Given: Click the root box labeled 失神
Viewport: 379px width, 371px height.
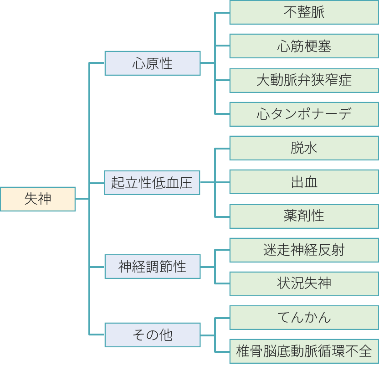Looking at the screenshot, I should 37,199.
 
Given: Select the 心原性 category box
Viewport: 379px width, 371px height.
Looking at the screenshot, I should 152,63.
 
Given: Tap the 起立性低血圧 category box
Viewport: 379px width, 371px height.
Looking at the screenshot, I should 152,182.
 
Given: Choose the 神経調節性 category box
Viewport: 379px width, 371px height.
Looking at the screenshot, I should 152,267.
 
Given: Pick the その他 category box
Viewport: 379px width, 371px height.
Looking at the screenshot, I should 152,335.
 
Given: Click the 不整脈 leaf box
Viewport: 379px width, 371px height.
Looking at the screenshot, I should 304,12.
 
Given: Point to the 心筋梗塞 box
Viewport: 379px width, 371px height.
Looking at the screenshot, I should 304,46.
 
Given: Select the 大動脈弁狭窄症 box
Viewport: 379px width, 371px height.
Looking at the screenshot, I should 304,80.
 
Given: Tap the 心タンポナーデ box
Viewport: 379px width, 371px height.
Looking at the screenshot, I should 304,114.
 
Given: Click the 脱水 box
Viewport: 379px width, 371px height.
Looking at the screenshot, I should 304,148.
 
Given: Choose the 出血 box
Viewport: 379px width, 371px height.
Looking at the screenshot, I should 304,182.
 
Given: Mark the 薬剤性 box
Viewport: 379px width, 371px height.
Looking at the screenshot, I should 304,216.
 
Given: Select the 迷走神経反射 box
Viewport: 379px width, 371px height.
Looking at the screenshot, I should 304,250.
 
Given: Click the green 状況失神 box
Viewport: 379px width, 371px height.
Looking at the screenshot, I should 304,283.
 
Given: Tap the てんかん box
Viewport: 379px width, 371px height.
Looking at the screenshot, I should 304,317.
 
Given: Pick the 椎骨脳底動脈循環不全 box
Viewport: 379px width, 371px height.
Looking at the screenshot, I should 304,351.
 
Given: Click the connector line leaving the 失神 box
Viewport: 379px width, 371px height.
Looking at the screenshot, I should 82,199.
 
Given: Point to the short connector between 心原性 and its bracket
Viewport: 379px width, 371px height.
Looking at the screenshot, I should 207,63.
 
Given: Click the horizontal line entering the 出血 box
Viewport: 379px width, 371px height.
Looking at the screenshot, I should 222,182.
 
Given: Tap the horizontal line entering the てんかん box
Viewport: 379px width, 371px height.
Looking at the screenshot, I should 222,318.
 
